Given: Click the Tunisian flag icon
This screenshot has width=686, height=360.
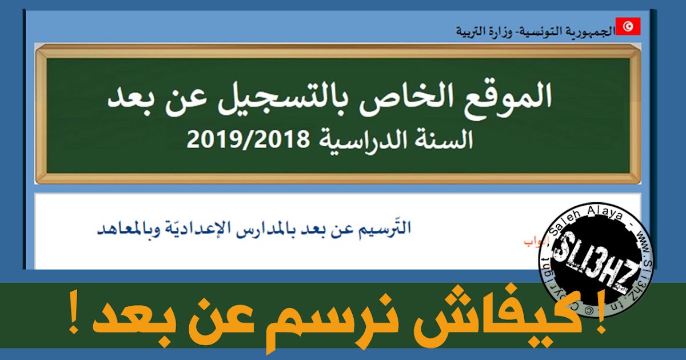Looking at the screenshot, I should click(x=628, y=26).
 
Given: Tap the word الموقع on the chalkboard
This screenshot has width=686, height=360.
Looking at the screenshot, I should click(x=502, y=98).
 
